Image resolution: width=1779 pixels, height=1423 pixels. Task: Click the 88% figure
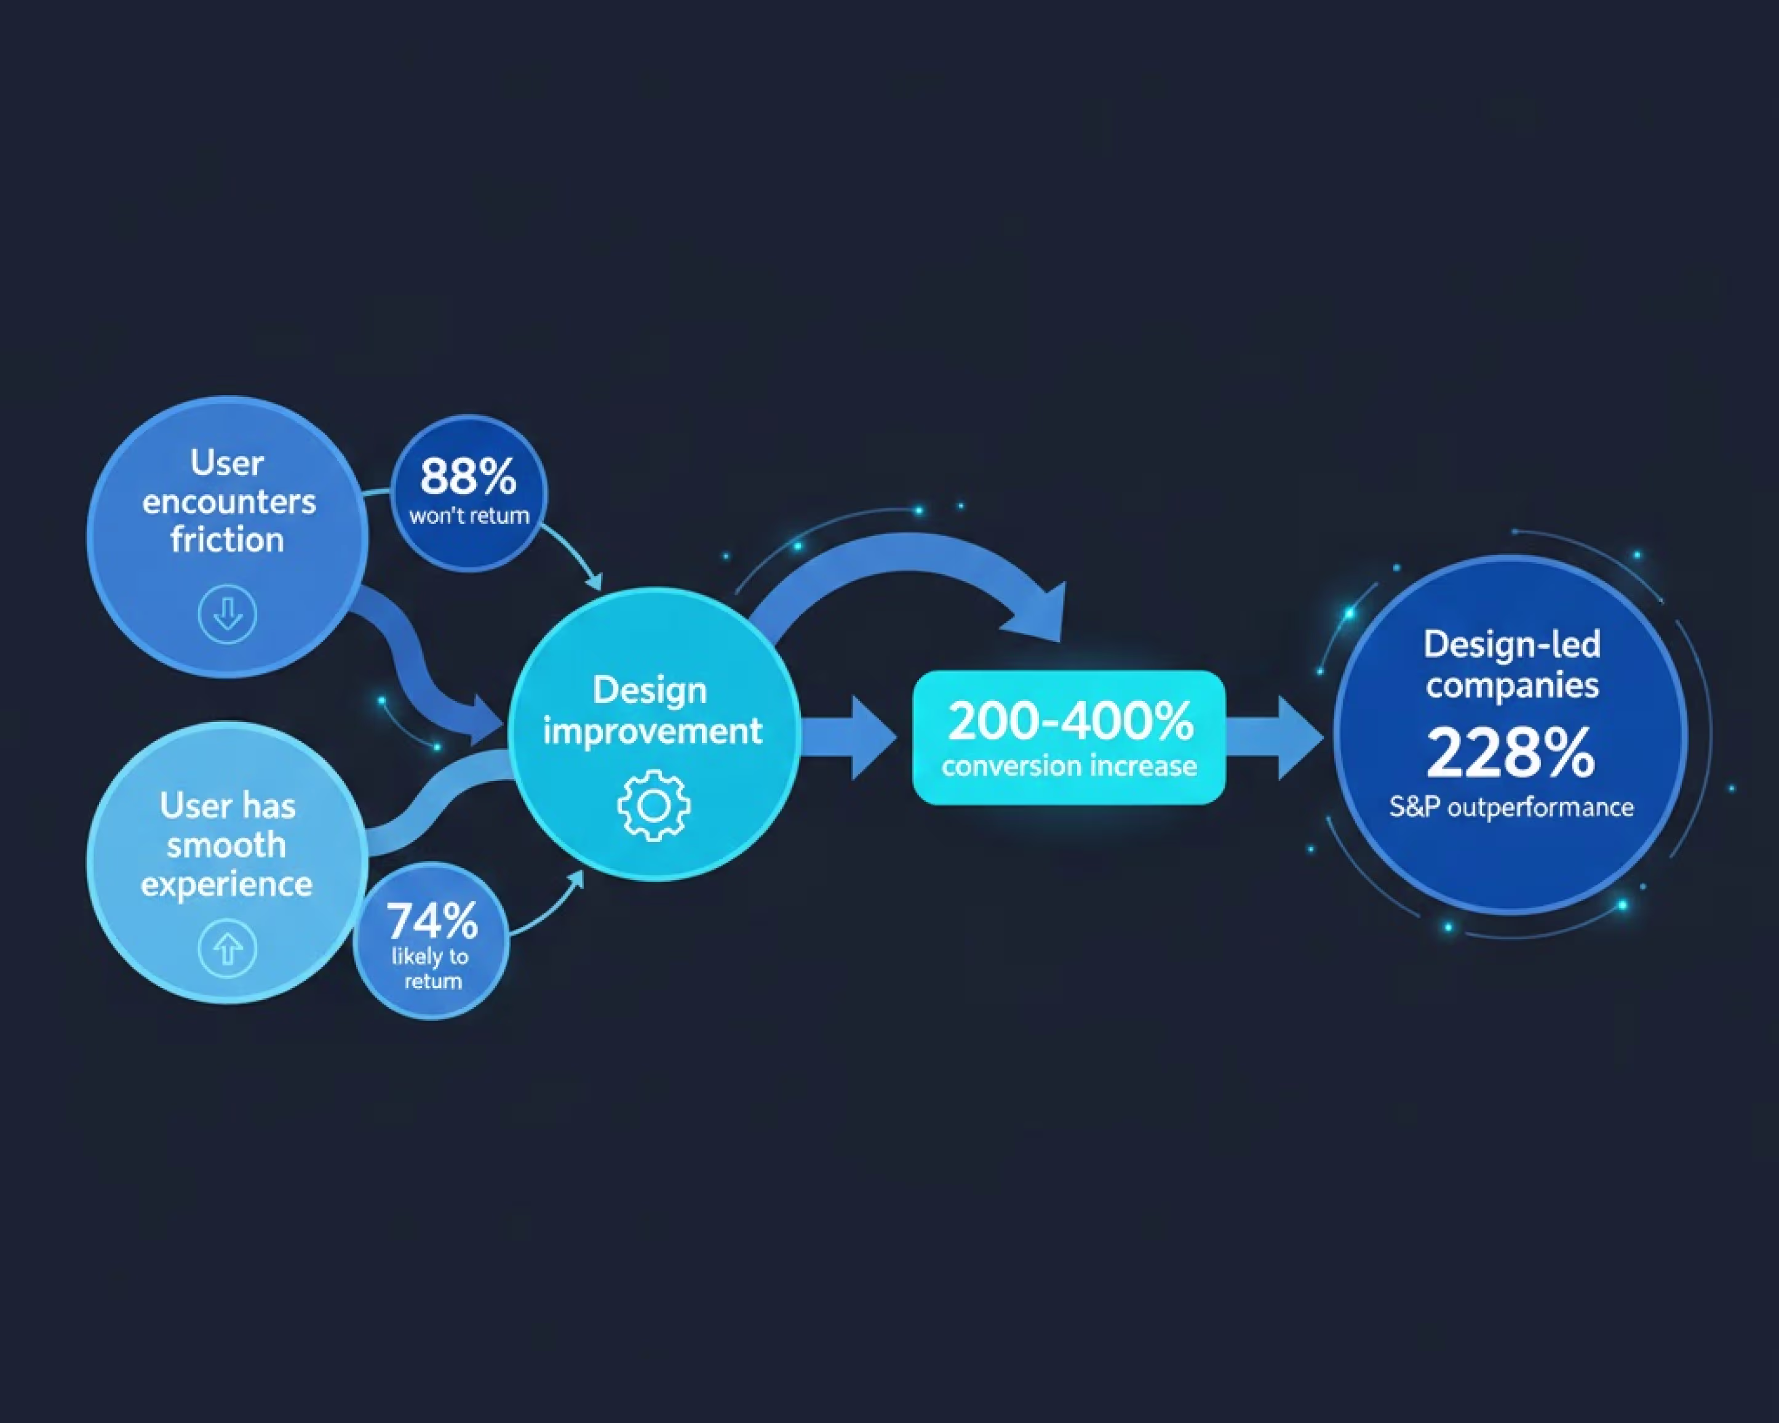tap(468, 476)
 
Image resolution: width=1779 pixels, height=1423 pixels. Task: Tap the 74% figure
tap(432, 920)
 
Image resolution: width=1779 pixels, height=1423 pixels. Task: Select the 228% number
tap(1510, 753)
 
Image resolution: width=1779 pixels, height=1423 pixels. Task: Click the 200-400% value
tap(1069, 721)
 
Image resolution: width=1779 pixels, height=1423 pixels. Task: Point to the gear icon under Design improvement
tap(653, 806)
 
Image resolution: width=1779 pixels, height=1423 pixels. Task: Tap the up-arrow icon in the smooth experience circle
tap(228, 949)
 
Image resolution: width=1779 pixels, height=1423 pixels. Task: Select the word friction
tap(228, 540)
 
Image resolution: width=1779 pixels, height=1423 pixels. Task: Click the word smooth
tap(226, 845)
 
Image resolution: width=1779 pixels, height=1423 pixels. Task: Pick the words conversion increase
tap(1069, 766)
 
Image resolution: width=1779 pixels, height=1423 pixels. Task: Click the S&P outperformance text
tap(1511, 806)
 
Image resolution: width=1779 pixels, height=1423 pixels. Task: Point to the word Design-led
tap(1511, 644)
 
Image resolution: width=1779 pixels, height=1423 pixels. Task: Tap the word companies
tap(1511, 685)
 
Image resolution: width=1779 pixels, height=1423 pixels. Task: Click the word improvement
tap(652, 731)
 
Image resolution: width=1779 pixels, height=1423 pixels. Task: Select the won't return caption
tap(469, 516)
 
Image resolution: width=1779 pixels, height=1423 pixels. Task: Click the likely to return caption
tap(431, 968)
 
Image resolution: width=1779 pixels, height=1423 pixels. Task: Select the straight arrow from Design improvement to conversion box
tap(850, 737)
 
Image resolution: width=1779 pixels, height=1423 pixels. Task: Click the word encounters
tap(229, 502)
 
